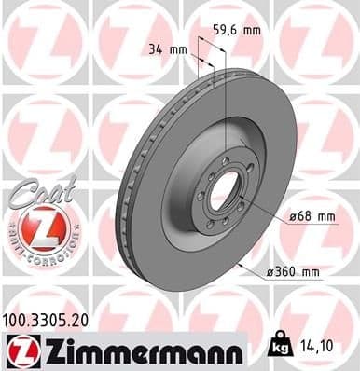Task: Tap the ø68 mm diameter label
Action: coord(310,217)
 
